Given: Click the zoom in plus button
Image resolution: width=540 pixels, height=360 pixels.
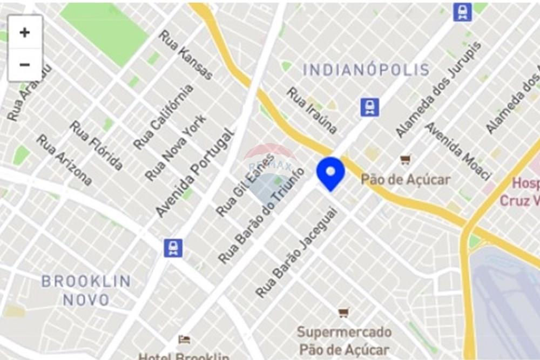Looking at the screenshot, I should [25, 32].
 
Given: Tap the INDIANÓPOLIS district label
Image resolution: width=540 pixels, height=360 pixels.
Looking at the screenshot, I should [366, 70].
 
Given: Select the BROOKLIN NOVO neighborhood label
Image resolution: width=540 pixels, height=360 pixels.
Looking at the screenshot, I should [86, 290].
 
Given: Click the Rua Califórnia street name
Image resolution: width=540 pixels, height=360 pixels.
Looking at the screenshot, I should [164, 117].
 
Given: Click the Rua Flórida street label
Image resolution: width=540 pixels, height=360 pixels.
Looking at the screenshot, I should [97, 145].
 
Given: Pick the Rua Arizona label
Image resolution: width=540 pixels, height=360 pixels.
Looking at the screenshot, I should [64, 160].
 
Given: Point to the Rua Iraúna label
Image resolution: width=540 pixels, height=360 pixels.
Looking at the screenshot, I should [312, 110].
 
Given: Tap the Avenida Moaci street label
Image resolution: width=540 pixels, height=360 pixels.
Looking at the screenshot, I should [458, 151].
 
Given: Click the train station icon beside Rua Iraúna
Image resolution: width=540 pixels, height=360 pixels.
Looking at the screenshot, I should [370, 107].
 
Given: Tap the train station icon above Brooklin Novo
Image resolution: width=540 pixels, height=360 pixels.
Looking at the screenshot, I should [173, 248].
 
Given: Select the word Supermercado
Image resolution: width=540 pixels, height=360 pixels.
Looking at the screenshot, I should [345, 331].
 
